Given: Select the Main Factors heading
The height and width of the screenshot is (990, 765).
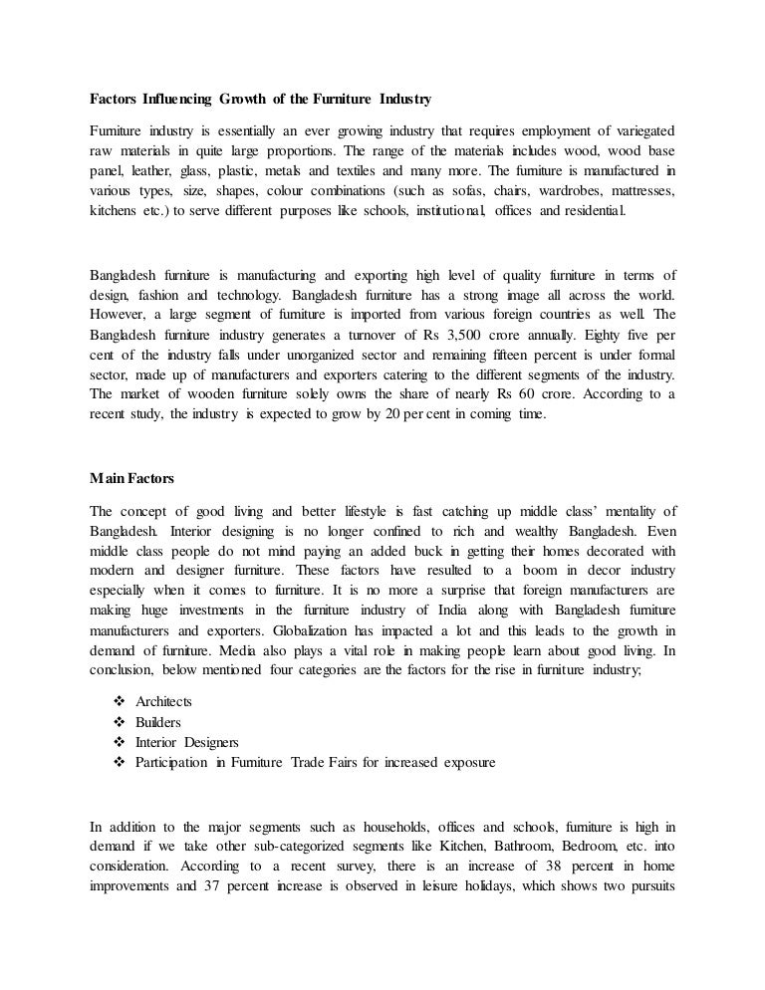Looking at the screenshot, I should click(x=131, y=479).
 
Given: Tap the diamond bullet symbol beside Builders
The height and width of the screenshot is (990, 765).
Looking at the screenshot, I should click(x=120, y=722).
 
